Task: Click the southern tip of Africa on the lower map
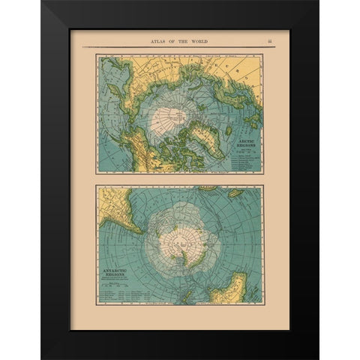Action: pos(204,188)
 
